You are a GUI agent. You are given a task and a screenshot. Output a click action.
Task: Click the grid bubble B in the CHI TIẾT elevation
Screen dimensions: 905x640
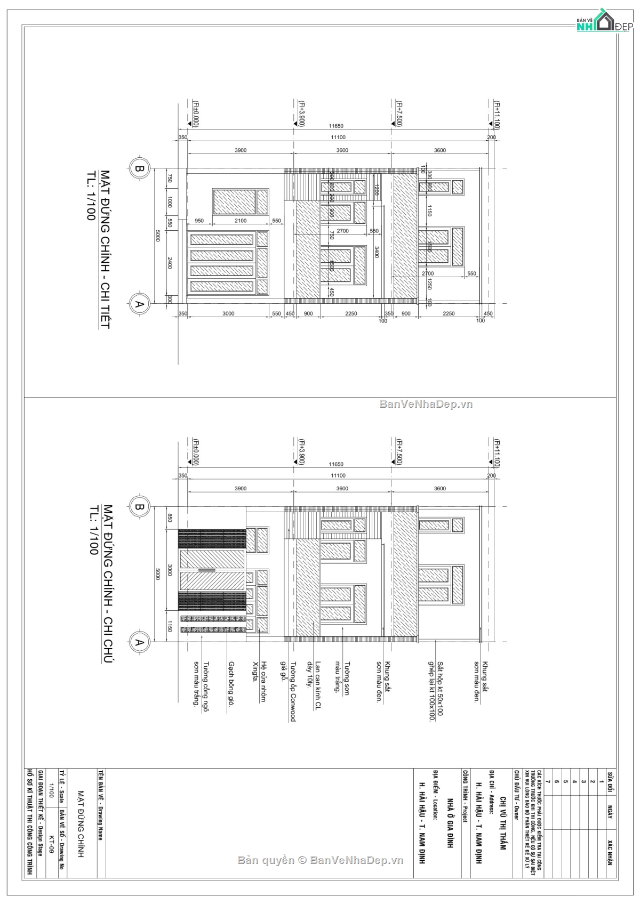[139, 169]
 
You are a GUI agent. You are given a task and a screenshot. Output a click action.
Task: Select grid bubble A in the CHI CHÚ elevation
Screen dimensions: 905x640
[139, 642]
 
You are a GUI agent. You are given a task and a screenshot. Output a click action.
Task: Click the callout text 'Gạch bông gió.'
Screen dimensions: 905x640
[231, 684]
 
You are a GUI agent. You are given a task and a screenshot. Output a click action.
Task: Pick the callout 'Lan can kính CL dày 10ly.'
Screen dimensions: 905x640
[314, 685]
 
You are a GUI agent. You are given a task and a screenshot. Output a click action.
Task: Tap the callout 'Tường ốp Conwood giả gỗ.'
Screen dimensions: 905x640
[288, 691]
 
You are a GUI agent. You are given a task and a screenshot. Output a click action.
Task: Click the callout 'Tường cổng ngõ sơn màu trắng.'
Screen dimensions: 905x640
[201, 683]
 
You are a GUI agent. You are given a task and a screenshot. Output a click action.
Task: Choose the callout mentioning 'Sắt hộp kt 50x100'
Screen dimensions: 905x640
[436, 691]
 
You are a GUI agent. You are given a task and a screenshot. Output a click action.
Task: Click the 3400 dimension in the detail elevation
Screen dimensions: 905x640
[376, 252]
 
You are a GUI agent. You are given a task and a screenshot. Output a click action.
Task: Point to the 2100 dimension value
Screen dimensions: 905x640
[241, 221]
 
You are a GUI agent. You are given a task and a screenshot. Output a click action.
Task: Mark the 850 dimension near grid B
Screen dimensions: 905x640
[170, 518]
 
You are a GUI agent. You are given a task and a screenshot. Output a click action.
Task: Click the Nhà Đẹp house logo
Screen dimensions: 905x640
[603, 21]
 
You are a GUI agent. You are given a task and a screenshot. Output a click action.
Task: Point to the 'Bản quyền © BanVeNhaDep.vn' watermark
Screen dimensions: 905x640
[321, 860]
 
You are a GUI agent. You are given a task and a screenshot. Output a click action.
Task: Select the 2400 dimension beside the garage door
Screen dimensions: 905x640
[170, 263]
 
